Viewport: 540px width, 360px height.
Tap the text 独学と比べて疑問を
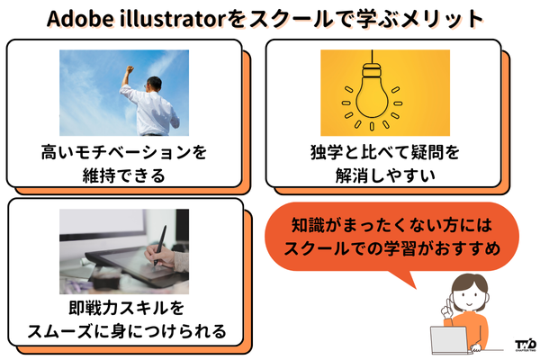(x=384, y=153)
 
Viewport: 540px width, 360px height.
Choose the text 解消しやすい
(x=384, y=175)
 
